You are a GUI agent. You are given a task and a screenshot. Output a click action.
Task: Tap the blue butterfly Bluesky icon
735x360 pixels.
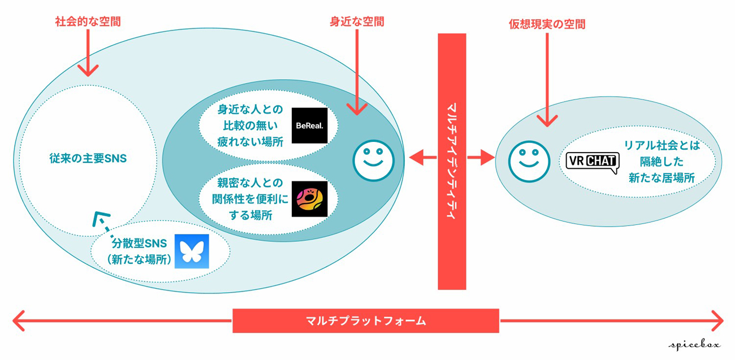[x=192, y=251]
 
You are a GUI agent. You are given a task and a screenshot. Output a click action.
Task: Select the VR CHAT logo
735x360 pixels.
[x=592, y=162]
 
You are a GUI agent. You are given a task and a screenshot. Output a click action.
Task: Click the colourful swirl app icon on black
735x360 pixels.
[x=309, y=199]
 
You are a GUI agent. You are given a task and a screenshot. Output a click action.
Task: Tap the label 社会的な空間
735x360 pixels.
[x=88, y=22]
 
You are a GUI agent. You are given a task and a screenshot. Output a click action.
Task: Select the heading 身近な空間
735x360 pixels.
[x=357, y=22]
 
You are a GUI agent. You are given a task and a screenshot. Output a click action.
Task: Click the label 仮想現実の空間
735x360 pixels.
[x=547, y=24]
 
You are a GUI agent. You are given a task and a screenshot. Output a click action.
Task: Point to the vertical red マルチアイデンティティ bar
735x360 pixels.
[x=452, y=161]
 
